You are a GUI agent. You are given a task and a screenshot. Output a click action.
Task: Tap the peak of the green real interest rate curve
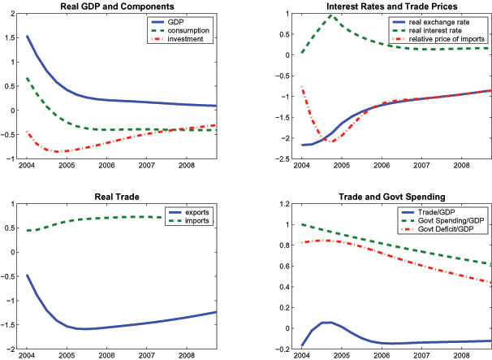point(331,15)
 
